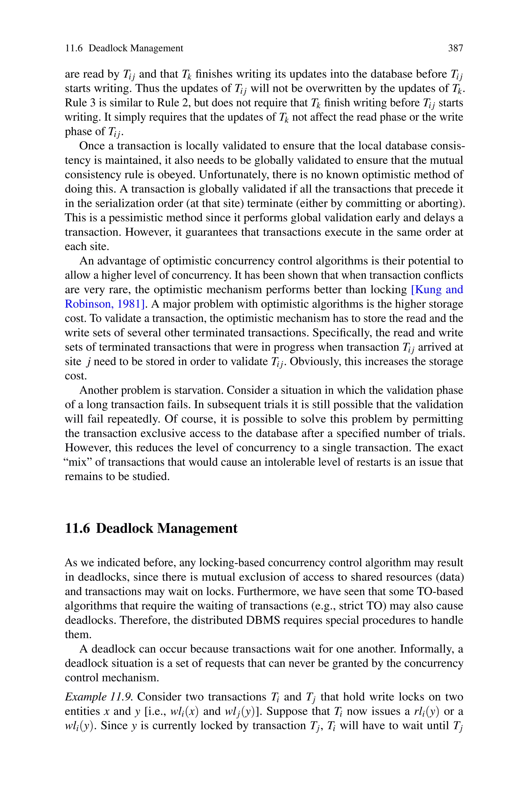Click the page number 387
click(455, 48)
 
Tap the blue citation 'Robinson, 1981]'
click(105, 304)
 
